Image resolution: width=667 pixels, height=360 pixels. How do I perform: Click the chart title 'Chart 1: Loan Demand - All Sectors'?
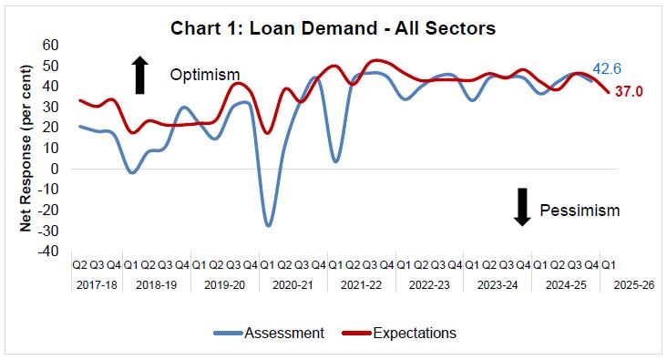point(333,28)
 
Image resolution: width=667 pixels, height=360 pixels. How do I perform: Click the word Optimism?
point(205,75)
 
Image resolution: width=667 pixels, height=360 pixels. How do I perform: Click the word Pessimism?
point(580,211)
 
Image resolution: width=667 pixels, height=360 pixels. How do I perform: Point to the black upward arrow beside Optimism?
point(139,75)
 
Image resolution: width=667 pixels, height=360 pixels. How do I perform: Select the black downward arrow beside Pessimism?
point(522,207)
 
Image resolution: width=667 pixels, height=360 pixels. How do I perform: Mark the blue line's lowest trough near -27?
point(268,224)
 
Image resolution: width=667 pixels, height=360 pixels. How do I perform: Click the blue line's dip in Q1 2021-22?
point(336,161)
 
